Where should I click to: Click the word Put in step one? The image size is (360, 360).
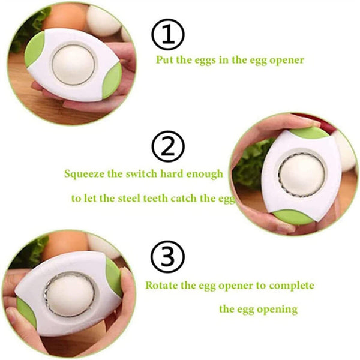(x=166, y=60)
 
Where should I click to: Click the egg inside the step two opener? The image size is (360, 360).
(x=302, y=176)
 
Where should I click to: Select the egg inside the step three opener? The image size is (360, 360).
(x=70, y=293)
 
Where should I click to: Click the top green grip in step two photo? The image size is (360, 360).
(x=310, y=132)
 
